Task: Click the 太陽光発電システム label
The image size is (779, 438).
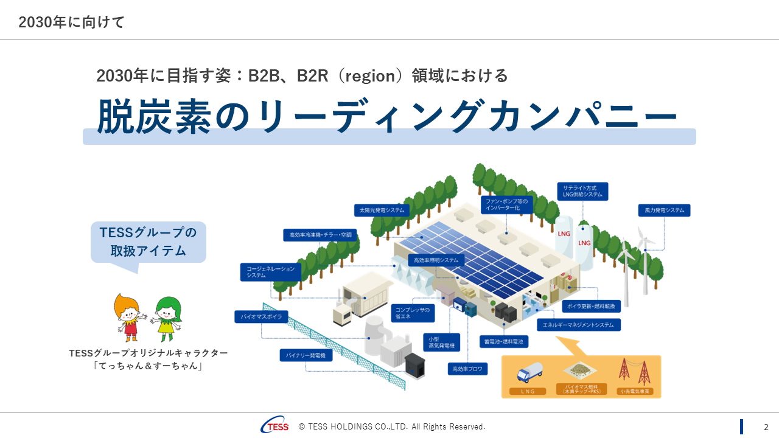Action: click(x=382, y=210)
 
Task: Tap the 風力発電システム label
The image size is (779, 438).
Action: click(x=664, y=210)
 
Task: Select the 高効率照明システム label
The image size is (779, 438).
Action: click(x=436, y=260)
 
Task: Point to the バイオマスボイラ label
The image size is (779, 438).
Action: click(x=262, y=317)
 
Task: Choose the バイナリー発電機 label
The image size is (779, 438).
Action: click(x=306, y=355)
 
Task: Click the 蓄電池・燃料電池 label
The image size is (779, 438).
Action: click(x=504, y=342)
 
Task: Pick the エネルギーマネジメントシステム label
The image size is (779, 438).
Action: click(x=579, y=325)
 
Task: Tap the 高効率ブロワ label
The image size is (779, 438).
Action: click(x=467, y=369)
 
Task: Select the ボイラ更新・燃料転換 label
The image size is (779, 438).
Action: click(x=588, y=305)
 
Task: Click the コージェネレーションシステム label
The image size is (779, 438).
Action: click(x=270, y=272)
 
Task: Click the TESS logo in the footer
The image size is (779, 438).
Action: click(x=274, y=426)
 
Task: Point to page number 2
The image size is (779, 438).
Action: click(x=766, y=427)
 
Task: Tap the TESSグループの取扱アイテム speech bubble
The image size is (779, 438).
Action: click(x=148, y=242)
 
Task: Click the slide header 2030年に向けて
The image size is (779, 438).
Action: click(x=71, y=23)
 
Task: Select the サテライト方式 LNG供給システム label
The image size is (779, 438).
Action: click(x=582, y=191)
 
